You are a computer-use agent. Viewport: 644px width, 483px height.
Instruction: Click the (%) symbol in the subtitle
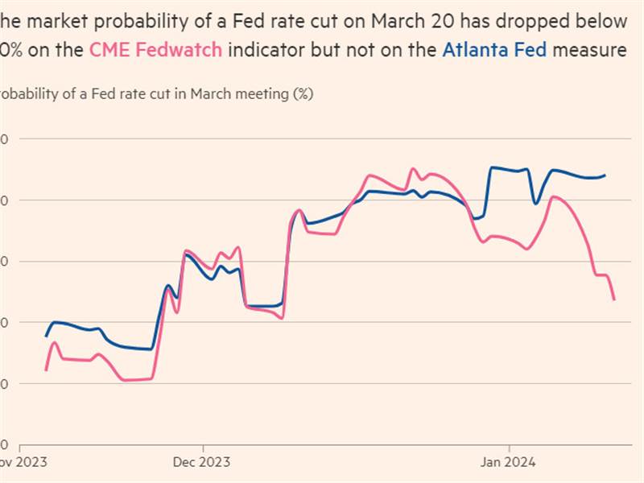(302, 93)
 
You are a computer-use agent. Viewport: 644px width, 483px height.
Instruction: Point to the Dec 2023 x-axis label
(201, 462)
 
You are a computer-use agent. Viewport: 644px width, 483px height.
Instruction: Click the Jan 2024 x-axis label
(508, 462)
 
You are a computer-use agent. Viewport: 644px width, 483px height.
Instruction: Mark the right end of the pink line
(614, 299)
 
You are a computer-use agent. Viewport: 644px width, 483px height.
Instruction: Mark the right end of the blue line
(605, 175)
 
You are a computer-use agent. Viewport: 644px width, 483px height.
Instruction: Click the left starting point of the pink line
(46, 369)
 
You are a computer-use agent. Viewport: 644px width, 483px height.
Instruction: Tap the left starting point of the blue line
(46, 336)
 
